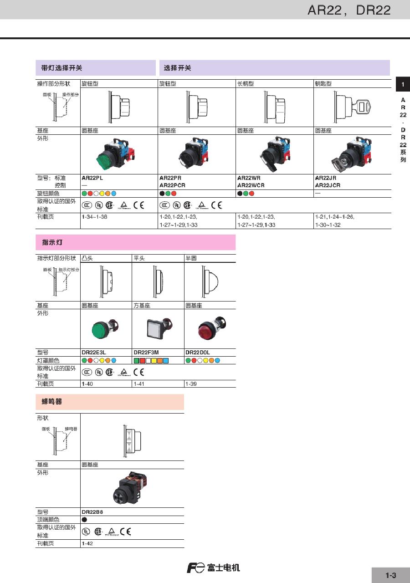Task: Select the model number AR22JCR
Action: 328,185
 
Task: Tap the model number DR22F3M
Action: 146,353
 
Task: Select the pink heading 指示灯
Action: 52,242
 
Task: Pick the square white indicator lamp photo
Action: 158,327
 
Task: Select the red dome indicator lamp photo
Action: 210,327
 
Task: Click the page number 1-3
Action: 390,575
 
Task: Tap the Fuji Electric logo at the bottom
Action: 213,568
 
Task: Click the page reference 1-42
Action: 87,543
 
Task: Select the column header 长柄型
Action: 246,84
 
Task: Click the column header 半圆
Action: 191,258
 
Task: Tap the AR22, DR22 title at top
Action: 349,10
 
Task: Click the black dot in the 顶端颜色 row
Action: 84,519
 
